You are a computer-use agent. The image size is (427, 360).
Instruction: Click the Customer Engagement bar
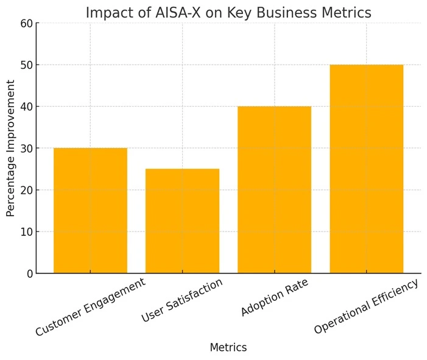(90, 210)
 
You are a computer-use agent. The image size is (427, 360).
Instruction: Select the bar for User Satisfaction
(182, 221)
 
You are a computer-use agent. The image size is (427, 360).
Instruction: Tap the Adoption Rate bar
(274, 189)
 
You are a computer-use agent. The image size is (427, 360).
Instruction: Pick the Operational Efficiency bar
(366, 169)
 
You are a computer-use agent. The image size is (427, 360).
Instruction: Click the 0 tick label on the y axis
(29, 274)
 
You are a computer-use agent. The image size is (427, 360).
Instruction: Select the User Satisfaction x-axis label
(183, 300)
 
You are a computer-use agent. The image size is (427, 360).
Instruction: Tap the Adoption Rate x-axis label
(275, 297)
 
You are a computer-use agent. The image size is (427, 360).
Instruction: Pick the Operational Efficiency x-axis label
(367, 306)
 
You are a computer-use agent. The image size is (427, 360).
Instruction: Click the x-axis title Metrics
(228, 348)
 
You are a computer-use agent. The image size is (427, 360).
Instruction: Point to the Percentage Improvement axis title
(11, 148)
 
